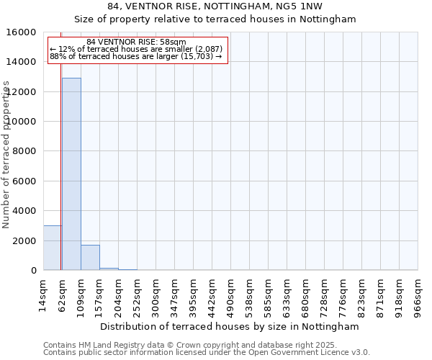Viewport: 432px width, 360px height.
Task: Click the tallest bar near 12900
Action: tap(71, 174)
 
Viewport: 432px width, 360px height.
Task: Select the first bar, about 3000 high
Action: tap(52, 248)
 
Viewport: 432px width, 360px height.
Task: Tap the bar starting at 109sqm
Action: tap(90, 258)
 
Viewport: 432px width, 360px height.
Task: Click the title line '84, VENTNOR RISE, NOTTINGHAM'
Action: tap(215, 6)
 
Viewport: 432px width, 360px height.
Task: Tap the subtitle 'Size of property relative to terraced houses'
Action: tap(215, 19)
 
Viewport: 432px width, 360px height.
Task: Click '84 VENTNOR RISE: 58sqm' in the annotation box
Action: tap(136, 42)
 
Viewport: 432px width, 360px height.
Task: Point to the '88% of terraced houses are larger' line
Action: tap(136, 57)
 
